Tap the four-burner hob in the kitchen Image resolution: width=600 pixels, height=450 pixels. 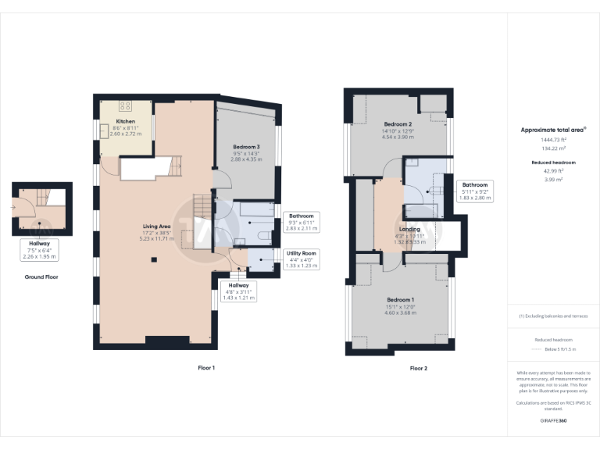126,105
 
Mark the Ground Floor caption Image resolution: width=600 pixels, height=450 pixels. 41,277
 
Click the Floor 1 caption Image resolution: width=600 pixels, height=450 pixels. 206,367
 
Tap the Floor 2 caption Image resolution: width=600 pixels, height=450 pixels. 419,368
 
